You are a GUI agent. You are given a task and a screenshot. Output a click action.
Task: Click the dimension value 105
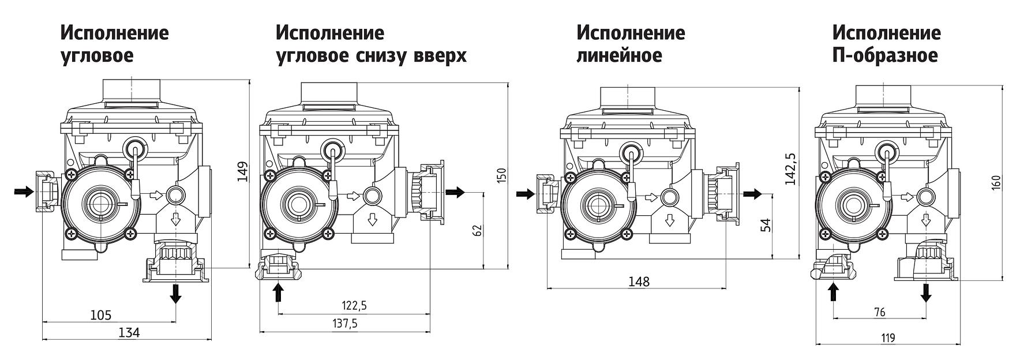tap(100, 316)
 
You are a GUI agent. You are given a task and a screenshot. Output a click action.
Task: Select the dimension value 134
tap(129, 333)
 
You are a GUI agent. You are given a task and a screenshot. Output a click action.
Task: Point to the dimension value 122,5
tap(354, 306)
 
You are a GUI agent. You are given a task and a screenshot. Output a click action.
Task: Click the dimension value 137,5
tap(344, 324)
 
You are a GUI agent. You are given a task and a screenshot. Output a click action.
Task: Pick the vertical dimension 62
tap(477, 231)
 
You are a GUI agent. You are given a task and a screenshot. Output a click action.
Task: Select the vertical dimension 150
tap(501, 175)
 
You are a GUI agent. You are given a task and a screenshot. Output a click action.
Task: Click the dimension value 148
tap(639, 282)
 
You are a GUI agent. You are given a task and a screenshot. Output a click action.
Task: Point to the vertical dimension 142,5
tap(790, 169)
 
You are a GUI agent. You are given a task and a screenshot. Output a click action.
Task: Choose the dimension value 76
tap(879, 313)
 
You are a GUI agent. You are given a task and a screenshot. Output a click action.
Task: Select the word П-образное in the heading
tap(885, 56)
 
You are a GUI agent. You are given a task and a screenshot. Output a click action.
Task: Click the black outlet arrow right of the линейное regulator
tap(752, 194)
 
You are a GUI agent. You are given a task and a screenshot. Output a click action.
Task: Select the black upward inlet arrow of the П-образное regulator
tap(834, 292)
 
